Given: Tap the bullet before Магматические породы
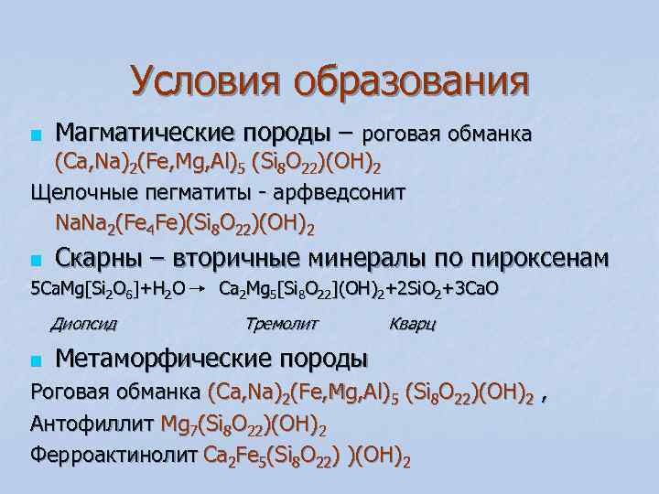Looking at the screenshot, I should [36, 137].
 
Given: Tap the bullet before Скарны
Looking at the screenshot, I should [36, 260].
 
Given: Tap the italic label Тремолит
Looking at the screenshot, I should [282, 323].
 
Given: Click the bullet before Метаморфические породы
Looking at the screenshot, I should [36, 359].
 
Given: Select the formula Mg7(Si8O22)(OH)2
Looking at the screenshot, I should [243, 425].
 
